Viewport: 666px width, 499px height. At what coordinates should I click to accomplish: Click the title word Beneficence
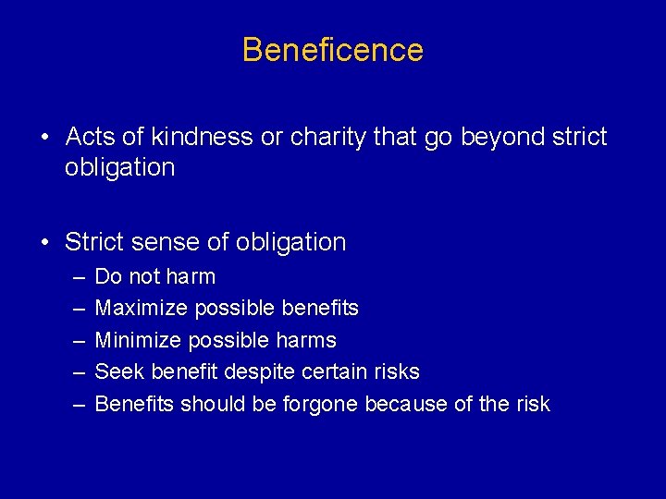click(x=333, y=50)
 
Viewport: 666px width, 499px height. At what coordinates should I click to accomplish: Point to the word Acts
click(x=91, y=137)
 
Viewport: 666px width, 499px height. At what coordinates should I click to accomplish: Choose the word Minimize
click(x=137, y=340)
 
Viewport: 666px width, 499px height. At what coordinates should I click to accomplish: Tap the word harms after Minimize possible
click(x=304, y=340)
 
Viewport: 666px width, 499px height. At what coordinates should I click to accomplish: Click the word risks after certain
click(x=396, y=371)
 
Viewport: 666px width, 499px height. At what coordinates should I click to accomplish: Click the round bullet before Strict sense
click(x=44, y=242)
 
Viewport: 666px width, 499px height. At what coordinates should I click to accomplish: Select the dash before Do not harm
click(x=74, y=276)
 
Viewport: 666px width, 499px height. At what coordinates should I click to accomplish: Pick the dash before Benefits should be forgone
click(x=74, y=404)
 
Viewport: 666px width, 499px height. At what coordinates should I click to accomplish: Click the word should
click(x=209, y=404)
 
